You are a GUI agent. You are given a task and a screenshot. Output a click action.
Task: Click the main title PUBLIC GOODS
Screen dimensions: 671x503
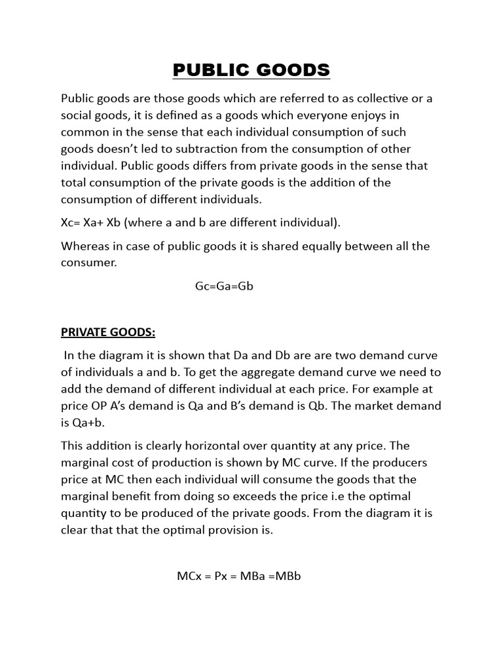251,70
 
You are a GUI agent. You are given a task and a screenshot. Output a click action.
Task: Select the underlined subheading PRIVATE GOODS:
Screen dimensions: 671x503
108,332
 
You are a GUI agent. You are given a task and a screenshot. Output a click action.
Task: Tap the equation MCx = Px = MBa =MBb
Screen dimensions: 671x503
238,577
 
